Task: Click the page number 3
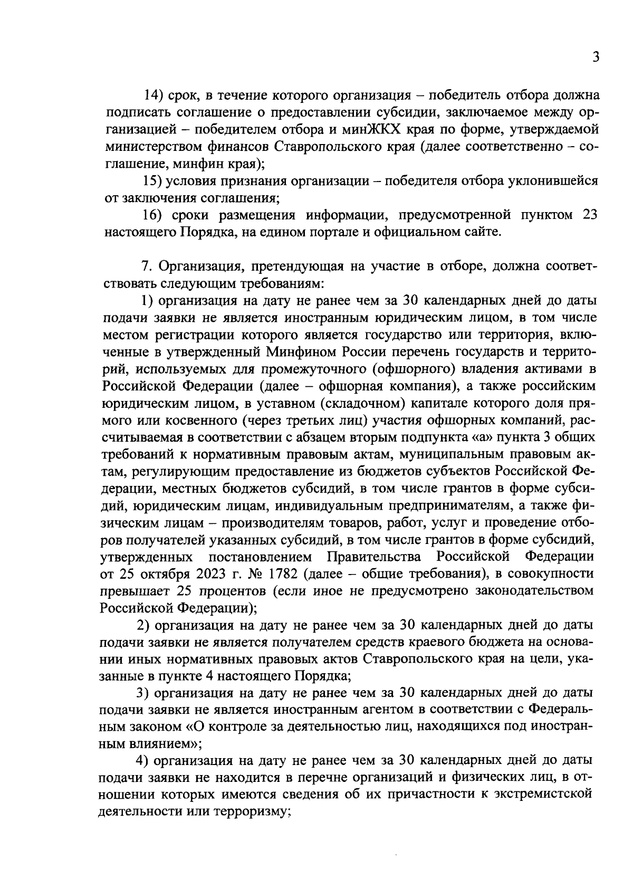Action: (595, 57)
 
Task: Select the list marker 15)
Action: (154, 181)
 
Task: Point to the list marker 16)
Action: (155, 215)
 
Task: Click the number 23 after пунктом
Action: (589, 215)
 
